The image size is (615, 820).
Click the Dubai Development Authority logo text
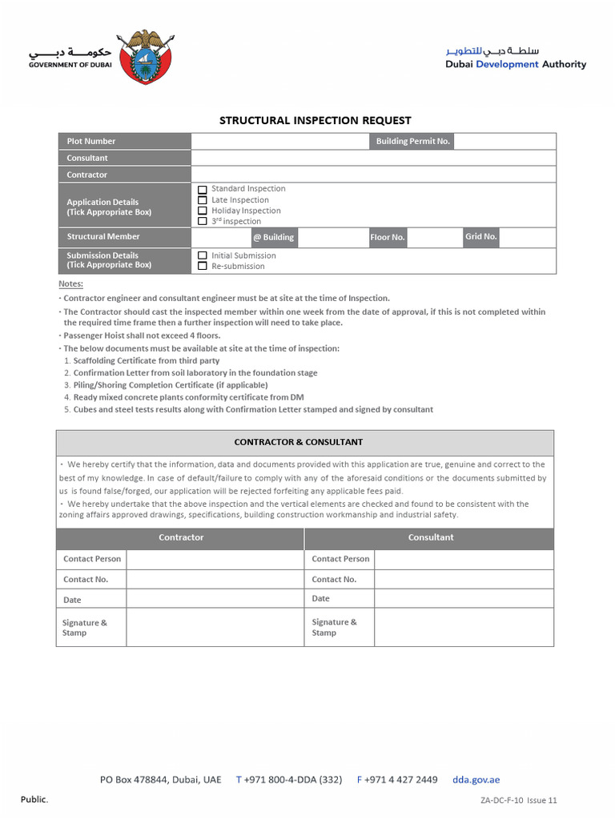pos(516,58)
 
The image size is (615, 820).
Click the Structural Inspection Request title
pos(315,121)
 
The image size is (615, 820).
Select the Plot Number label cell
pos(123,142)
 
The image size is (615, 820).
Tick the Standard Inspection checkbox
pos(203,190)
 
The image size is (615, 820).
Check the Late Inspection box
pos(203,200)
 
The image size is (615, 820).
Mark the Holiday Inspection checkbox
pos(203,211)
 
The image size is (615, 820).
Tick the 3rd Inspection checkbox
pos(203,221)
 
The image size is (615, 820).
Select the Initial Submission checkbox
pos(203,255)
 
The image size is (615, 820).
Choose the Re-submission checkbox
pos(203,266)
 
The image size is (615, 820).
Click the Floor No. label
pos(388,238)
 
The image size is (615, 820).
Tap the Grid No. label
pos(481,237)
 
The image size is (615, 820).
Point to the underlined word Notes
pos(70,284)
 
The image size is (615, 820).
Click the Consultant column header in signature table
pos(430,538)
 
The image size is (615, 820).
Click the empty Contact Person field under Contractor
pos(215,559)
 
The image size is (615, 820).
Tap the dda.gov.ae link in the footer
pos(476,780)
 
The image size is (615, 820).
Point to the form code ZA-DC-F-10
pos(501,800)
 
